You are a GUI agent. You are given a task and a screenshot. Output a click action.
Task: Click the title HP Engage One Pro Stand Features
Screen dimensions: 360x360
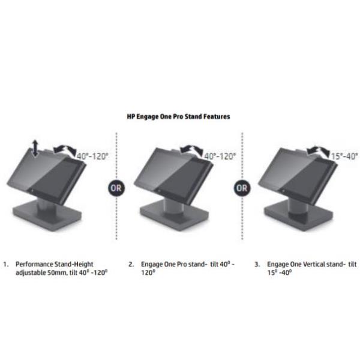(178, 116)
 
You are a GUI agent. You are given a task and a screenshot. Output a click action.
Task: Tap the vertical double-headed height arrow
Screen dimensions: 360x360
(35, 148)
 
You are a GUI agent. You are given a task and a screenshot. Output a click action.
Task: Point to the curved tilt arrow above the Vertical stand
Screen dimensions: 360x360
(319, 150)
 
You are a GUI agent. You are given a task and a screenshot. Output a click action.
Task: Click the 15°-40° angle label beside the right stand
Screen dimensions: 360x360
(344, 157)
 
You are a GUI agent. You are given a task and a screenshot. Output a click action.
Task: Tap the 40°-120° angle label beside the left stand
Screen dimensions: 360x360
(92, 157)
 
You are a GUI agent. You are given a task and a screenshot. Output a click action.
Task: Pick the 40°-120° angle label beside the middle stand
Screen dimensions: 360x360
(220, 157)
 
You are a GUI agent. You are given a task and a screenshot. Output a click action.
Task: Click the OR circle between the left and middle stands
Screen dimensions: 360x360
(116, 188)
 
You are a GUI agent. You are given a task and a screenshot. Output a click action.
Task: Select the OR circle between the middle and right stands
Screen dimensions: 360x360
(242, 188)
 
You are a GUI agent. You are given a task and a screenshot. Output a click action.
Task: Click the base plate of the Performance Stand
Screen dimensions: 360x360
(47, 216)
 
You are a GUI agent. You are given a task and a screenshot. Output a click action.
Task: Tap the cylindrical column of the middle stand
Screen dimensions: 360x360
(174, 206)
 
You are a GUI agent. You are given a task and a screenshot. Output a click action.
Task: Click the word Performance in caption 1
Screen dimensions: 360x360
(34, 264)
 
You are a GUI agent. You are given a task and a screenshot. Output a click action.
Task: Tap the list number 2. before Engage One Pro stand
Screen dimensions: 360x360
(131, 265)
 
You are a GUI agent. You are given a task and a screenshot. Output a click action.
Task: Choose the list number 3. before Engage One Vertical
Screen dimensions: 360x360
(257, 265)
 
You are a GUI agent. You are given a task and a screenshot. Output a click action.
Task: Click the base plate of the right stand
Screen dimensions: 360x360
(298, 216)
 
